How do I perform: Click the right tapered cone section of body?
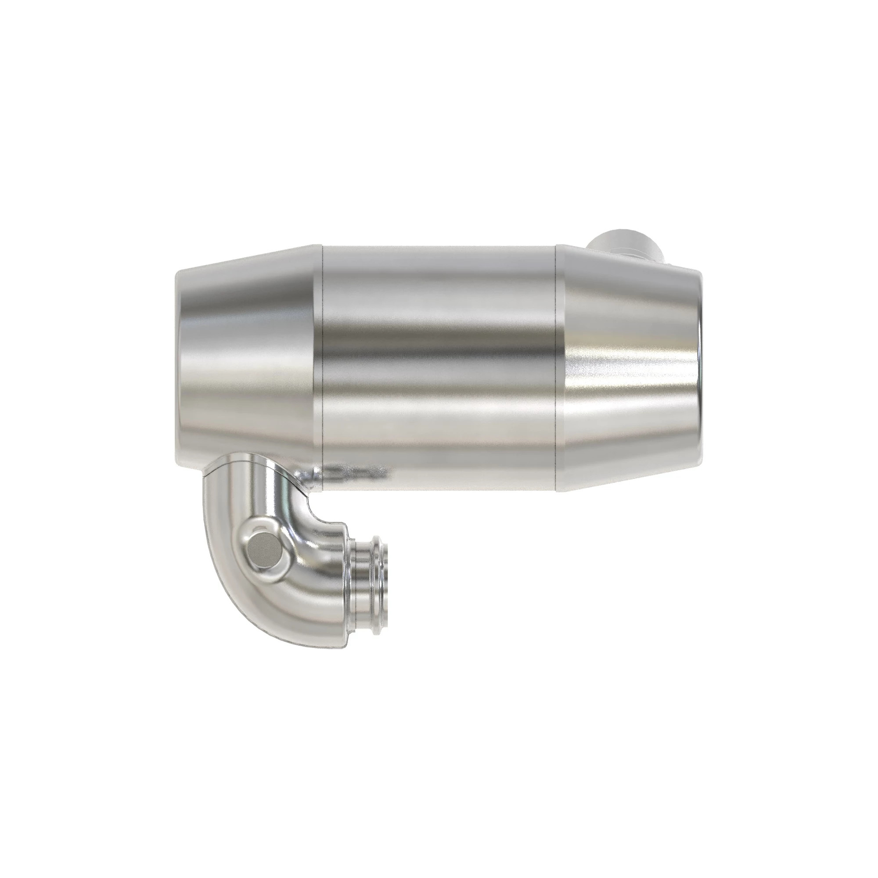[x=627, y=363]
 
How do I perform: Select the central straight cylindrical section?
[x=439, y=363]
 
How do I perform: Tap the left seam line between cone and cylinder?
[x=322, y=363]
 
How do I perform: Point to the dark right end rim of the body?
[x=700, y=363]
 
